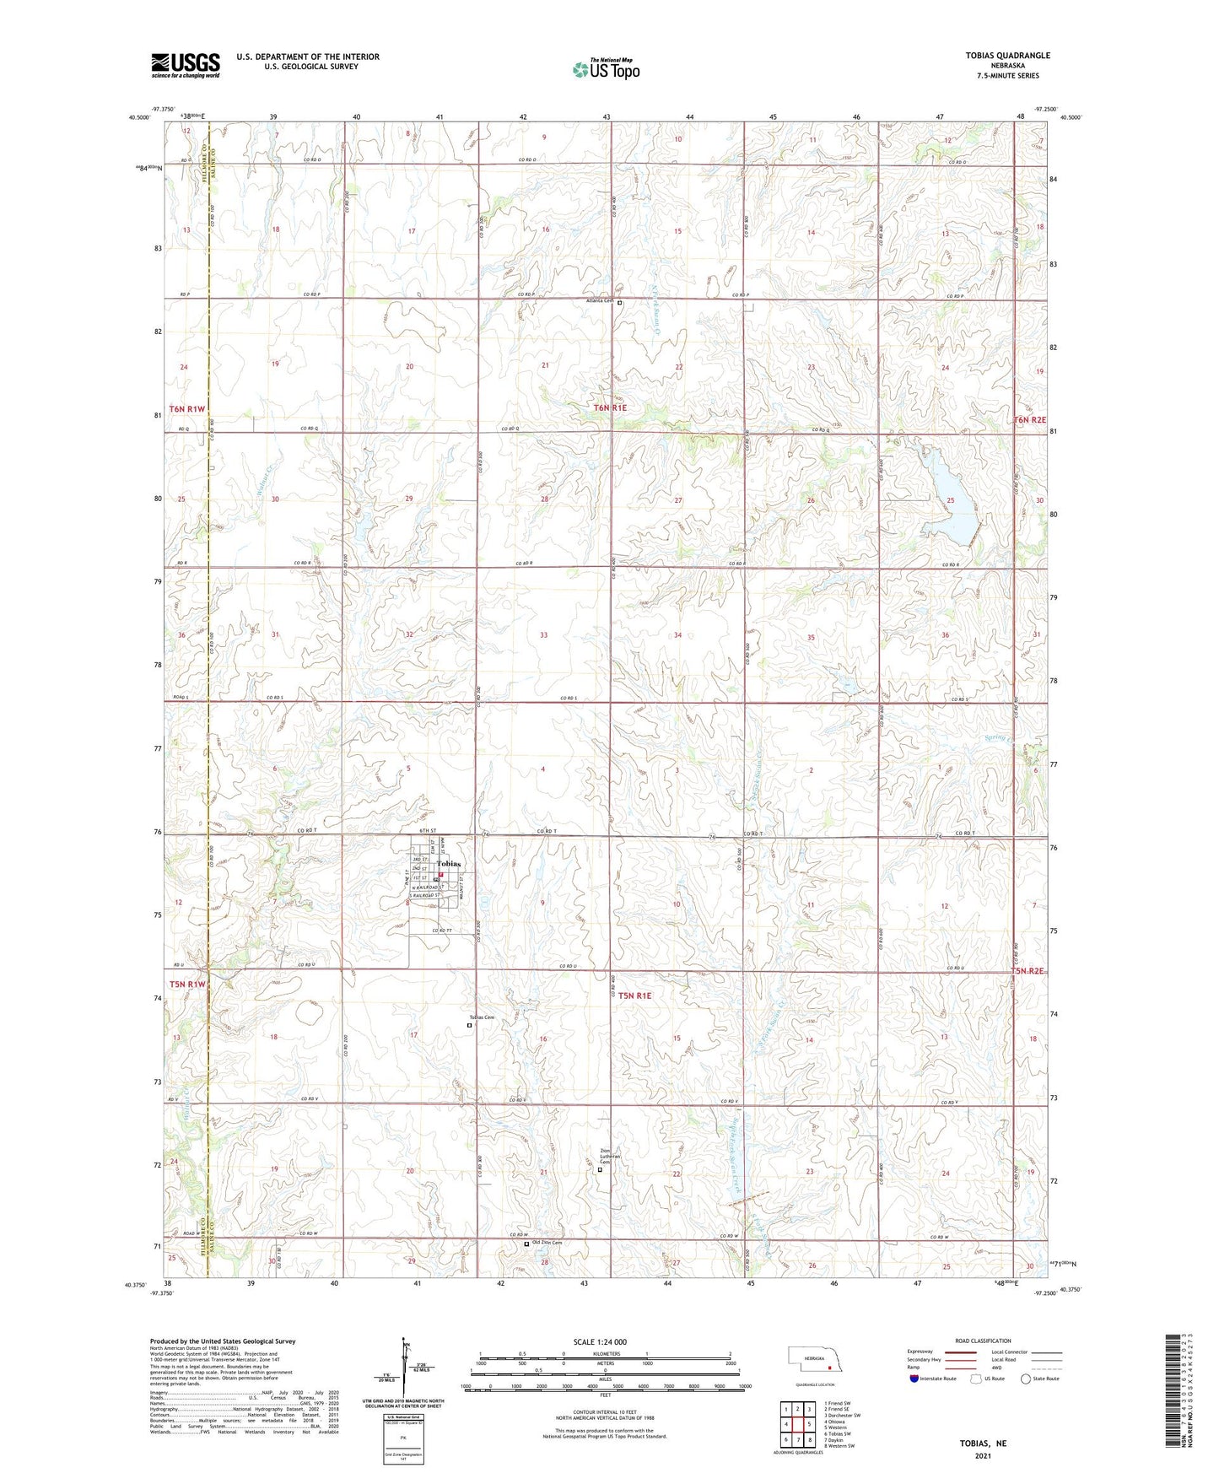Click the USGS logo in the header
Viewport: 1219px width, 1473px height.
(x=186, y=65)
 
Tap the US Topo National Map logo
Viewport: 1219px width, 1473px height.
(x=605, y=69)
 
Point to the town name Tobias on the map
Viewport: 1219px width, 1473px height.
(x=448, y=864)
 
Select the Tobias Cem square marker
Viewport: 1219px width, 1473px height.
(x=470, y=1026)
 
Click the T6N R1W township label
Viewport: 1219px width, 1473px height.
(x=187, y=409)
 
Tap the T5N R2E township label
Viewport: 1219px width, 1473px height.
(x=1028, y=971)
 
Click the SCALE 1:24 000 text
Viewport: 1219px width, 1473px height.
(x=600, y=1341)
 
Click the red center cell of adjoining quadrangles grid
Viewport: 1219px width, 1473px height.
(x=797, y=1424)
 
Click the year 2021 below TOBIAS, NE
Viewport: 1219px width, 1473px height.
(x=983, y=1456)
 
